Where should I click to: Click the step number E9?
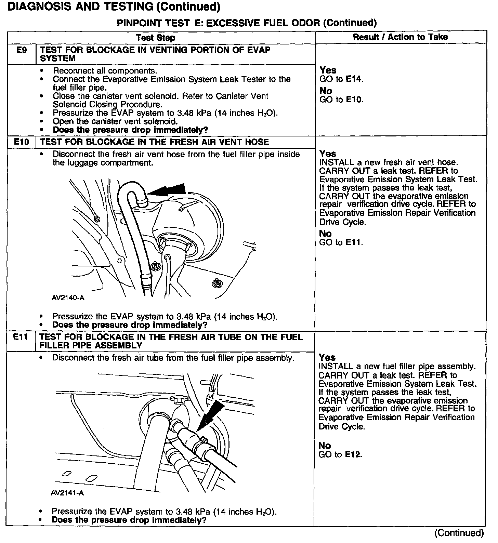21,50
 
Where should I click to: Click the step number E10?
21,142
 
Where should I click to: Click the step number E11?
21,337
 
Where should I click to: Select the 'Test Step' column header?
156,38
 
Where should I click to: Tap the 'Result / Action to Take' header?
400,37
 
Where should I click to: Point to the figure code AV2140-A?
68,297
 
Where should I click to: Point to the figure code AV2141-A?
67,493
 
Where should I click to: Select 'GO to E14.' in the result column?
341,79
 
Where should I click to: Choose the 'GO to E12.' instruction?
340,454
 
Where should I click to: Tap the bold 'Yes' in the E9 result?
328,70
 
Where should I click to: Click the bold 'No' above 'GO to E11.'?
325,234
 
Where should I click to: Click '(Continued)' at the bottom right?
459,533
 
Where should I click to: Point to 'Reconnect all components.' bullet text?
105,71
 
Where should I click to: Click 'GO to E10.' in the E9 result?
341,100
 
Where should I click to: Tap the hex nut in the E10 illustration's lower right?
216,282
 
